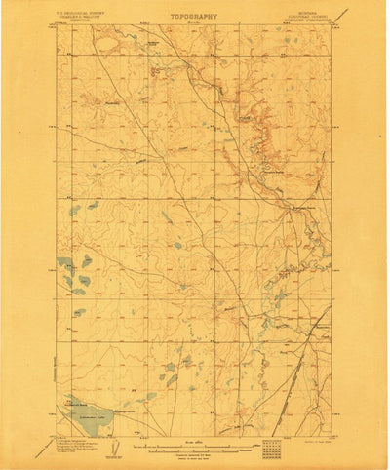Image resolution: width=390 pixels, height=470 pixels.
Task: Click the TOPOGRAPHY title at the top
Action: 194,17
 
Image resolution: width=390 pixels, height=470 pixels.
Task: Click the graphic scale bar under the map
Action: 194,450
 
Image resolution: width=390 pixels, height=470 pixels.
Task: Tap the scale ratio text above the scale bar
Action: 194,444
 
